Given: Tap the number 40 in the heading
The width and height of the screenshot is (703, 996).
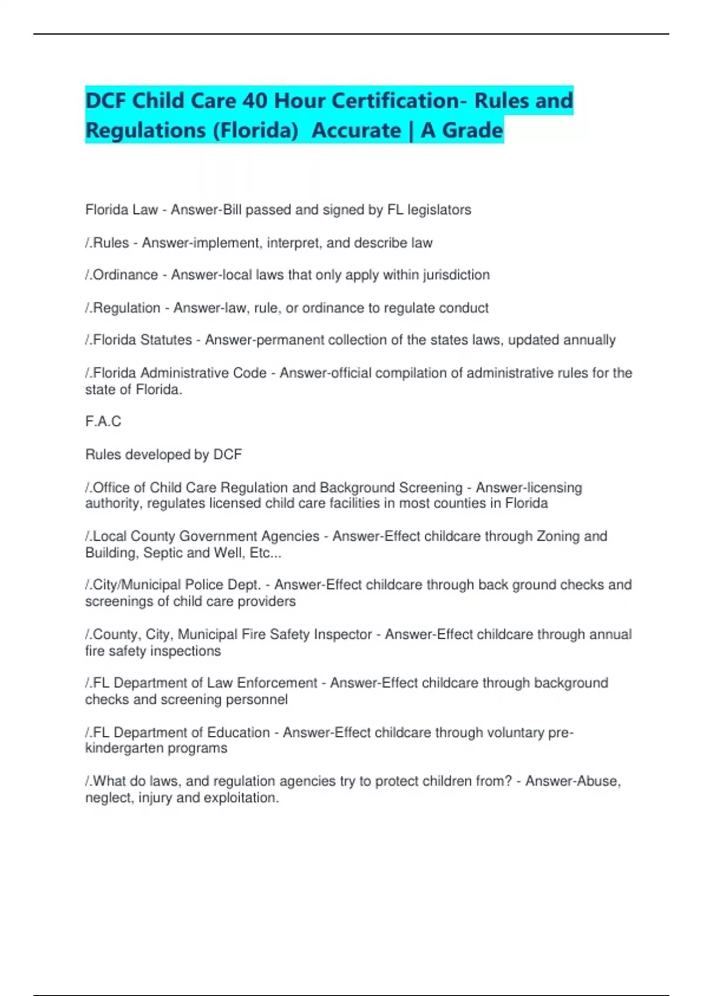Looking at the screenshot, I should click(255, 101).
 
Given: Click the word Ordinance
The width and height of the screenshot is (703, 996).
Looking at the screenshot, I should click(125, 275).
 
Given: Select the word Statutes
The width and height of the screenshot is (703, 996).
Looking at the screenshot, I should click(166, 340).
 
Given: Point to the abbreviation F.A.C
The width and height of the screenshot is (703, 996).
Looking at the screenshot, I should click(103, 421).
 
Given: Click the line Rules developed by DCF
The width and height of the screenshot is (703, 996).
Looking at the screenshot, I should click(163, 455).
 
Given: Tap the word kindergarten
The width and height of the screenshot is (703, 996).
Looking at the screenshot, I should click(156, 748).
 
